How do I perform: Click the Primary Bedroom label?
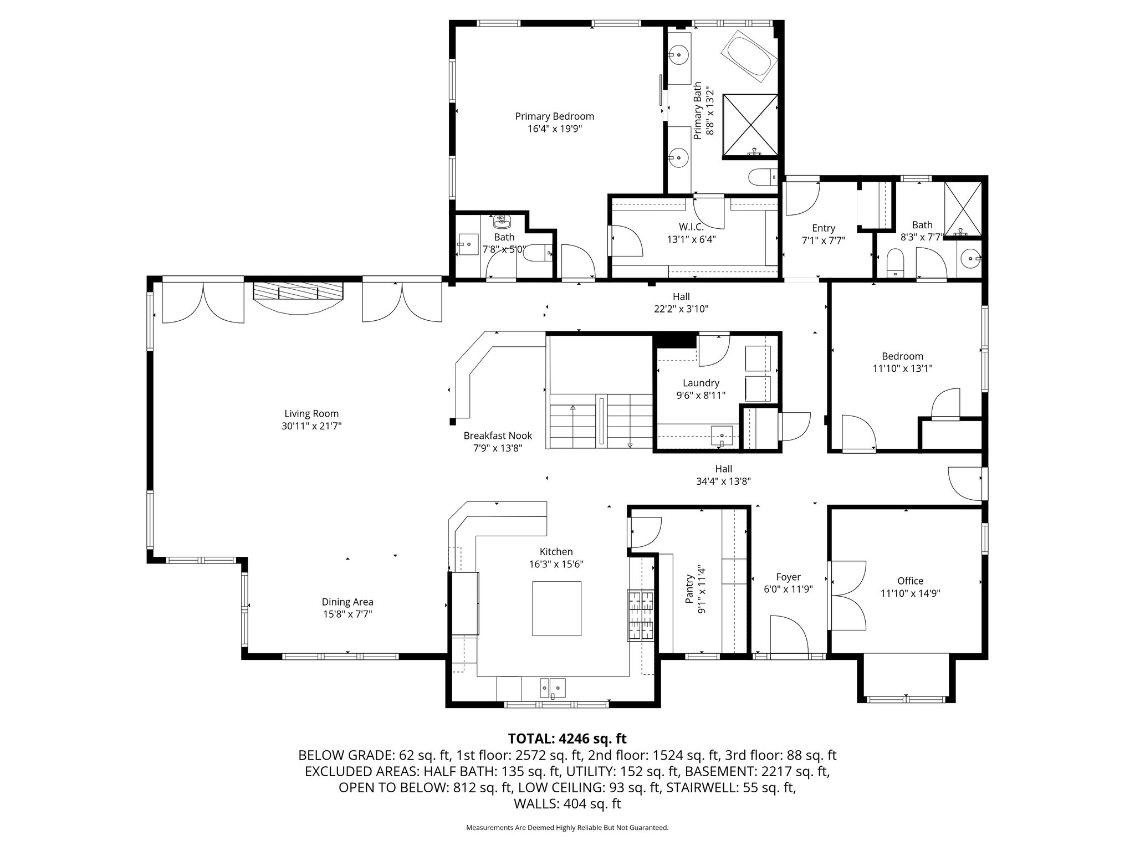pyautogui.click(x=554, y=116)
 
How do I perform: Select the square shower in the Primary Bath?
pyautogui.click(x=750, y=125)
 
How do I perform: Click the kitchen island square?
pyautogui.click(x=556, y=608)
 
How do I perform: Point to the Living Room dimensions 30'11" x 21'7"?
pyautogui.click(x=311, y=426)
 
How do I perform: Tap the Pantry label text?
pyautogui.click(x=689, y=589)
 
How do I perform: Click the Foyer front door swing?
pyautogui.click(x=788, y=634)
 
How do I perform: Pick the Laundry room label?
pyautogui.click(x=701, y=383)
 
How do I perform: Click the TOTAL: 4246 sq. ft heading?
pyautogui.click(x=567, y=739)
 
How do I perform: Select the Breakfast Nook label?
pyautogui.click(x=498, y=435)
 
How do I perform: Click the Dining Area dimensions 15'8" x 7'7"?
pyautogui.click(x=347, y=614)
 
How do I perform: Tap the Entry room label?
pyautogui.click(x=823, y=228)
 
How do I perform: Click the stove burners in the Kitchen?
pyautogui.click(x=641, y=616)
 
